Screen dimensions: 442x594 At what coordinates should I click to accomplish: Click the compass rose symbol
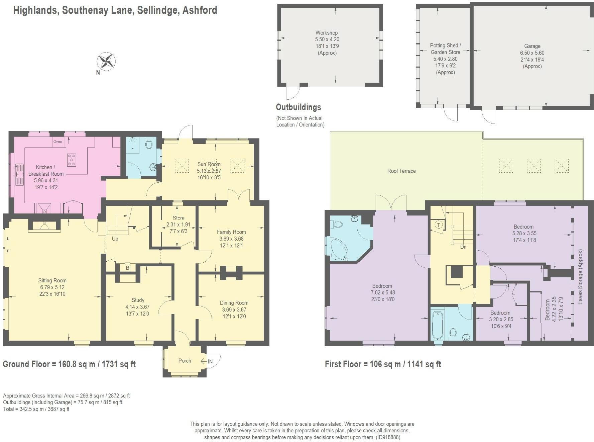pos(106,62)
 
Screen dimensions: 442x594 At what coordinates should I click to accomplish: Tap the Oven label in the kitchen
pos(57,142)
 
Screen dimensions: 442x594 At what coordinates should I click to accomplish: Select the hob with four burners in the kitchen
pos(72,160)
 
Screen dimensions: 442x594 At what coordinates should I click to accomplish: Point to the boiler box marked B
pos(127,268)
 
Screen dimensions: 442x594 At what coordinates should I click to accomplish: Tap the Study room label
pos(138,300)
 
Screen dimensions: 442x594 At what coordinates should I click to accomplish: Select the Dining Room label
pos(234,303)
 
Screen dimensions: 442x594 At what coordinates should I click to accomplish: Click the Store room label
pos(179,218)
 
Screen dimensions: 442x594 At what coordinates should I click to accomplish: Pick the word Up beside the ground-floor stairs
pos(115,239)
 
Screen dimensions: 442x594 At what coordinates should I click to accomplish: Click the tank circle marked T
pos(439,225)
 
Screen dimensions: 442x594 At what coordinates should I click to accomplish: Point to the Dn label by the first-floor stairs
pos(463,247)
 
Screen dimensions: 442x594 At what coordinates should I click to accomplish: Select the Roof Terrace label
pos(401,171)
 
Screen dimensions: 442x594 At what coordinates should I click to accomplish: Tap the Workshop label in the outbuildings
pos(327,33)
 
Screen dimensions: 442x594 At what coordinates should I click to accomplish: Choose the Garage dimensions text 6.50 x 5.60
pos(532,53)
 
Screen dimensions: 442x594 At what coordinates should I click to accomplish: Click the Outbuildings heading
pos(298,107)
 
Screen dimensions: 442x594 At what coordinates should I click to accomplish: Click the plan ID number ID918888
pos(388,437)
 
